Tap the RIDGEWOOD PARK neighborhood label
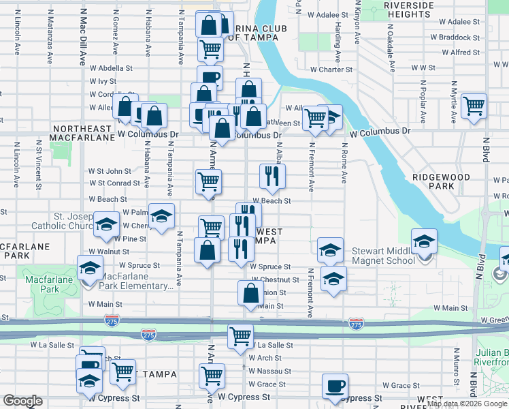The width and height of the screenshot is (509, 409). pyautogui.click(x=441, y=181)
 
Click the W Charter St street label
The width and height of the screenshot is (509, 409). pyautogui.click(x=331, y=70)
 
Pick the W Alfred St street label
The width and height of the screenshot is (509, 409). pyautogui.click(x=461, y=52)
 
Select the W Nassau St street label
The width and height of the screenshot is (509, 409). pyautogui.click(x=269, y=372)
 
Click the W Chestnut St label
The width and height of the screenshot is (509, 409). pyautogui.click(x=274, y=280)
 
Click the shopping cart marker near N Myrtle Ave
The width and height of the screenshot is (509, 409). pyautogui.click(x=474, y=106)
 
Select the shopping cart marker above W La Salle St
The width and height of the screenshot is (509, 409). pyautogui.click(x=240, y=336)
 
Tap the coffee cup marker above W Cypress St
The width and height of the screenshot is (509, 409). pyautogui.click(x=334, y=386)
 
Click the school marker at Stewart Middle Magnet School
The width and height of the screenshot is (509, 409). pyautogui.click(x=424, y=241)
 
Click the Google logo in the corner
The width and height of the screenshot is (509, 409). pyautogui.click(x=23, y=401)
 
